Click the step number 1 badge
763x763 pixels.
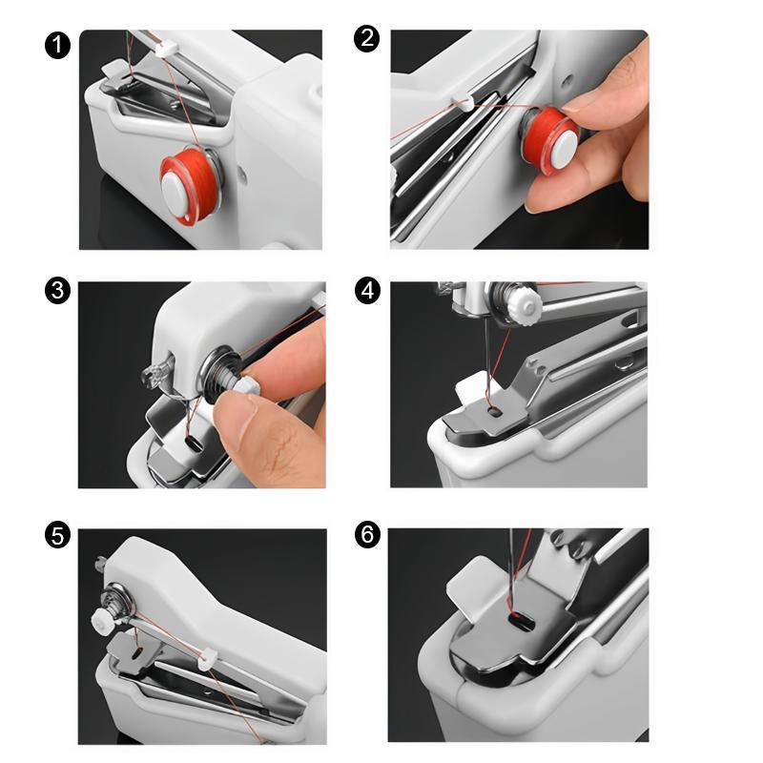pyautogui.click(x=57, y=45)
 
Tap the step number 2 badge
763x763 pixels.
pyautogui.click(x=367, y=40)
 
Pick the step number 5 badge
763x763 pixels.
pyautogui.click(x=57, y=537)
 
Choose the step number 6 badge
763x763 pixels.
pyautogui.click(x=367, y=537)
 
